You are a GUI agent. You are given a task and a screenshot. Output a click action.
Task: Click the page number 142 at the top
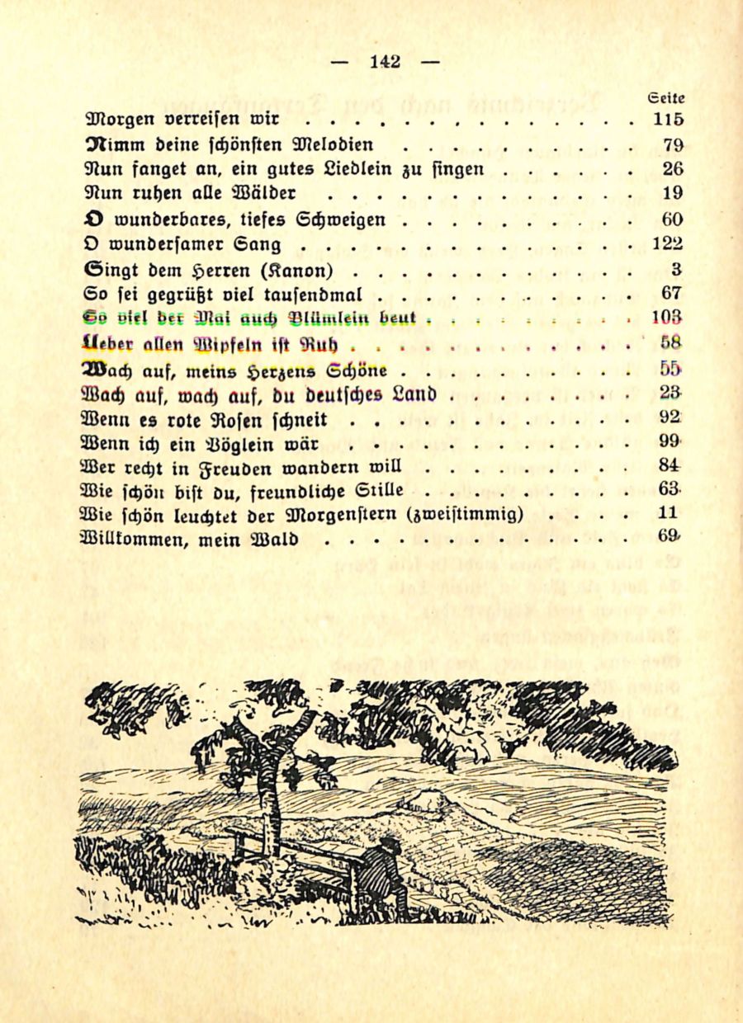coord(386,61)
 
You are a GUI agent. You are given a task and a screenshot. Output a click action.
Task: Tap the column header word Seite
coord(666,97)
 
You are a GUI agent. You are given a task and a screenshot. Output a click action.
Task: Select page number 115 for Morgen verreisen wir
coord(668,120)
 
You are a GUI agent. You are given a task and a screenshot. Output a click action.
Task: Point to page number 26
coord(672,170)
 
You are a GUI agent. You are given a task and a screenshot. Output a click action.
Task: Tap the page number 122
coord(668,243)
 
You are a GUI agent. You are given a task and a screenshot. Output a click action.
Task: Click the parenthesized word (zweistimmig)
coord(466,515)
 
